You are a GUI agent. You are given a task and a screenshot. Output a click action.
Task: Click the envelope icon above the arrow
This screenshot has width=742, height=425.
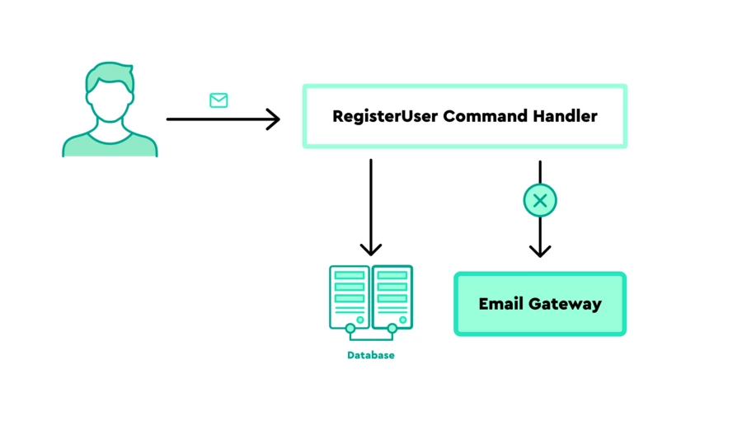tap(218, 100)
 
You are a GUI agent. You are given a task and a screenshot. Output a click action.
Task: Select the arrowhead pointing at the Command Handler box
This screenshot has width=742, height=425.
tap(272, 119)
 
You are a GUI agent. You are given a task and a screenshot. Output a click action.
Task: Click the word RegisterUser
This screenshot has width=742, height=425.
tap(385, 116)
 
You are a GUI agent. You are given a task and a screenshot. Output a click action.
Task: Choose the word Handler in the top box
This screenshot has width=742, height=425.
tap(565, 116)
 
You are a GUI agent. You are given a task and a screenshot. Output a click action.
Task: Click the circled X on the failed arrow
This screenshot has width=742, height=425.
tap(540, 200)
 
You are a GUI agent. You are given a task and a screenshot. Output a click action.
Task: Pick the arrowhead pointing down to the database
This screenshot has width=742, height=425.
tap(371, 247)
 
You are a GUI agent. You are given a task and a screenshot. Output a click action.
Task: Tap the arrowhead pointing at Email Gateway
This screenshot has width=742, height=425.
tap(540, 249)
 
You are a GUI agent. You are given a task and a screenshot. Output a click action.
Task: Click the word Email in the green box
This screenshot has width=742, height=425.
tap(501, 304)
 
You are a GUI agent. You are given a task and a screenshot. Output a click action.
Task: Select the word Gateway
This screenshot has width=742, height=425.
tap(565, 304)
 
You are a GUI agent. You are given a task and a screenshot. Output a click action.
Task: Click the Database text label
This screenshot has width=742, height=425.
tap(371, 356)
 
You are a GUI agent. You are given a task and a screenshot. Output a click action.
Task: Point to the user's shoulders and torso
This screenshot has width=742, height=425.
tap(110, 144)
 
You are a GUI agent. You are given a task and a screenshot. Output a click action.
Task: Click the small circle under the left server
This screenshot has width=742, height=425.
tap(350, 329)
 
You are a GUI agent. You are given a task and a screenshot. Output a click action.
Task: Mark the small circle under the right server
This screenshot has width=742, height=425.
tap(392, 329)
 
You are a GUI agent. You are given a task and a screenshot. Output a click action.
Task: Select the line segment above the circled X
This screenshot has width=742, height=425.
tap(540, 171)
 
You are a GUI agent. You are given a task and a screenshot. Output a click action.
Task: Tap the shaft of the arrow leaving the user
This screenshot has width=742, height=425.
tap(214, 119)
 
